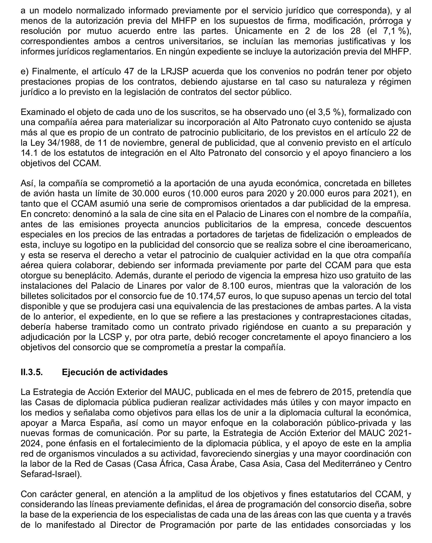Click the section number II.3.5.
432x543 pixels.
(x=31, y=372)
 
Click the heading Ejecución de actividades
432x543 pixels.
(x=115, y=372)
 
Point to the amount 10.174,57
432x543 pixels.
(x=206, y=296)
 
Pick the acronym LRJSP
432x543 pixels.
(x=174, y=72)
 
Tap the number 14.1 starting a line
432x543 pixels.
(x=28, y=153)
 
